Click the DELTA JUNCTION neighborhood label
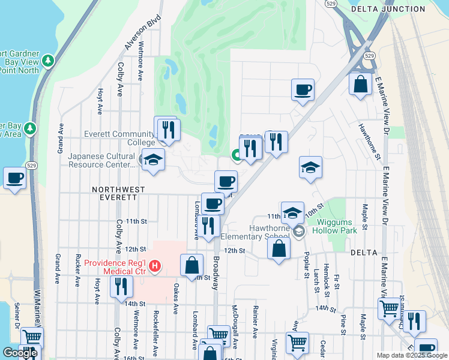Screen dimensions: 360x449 click(x=388, y=9)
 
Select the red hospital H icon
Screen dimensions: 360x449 click(x=155, y=265)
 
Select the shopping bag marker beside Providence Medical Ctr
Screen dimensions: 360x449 click(x=191, y=265)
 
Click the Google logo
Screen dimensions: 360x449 click(x=19, y=353)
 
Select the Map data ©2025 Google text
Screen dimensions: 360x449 click(x=411, y=355)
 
